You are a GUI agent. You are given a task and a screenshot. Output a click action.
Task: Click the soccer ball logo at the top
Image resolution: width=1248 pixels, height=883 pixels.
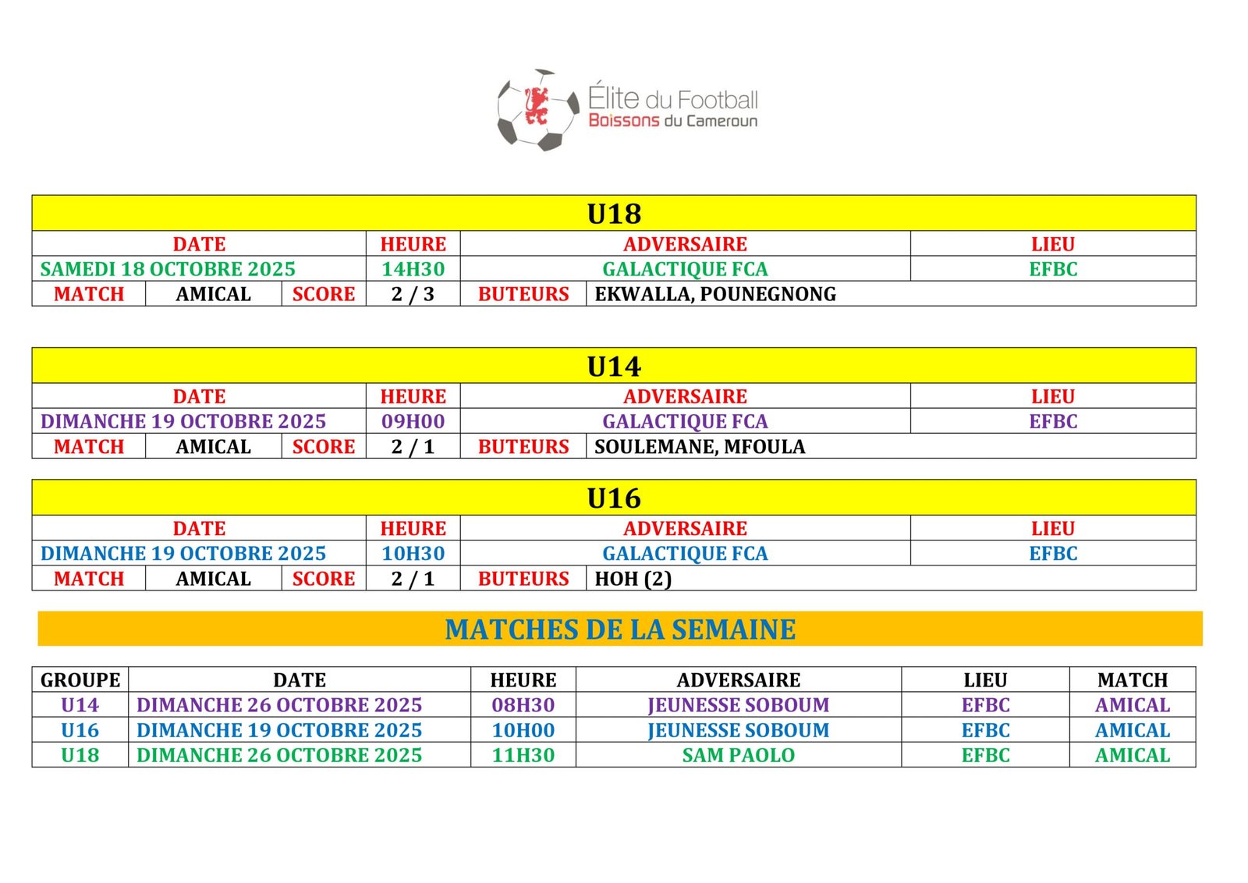tap(530, 110)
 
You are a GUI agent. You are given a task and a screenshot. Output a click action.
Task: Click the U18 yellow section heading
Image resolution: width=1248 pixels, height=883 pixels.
tap(614, 214)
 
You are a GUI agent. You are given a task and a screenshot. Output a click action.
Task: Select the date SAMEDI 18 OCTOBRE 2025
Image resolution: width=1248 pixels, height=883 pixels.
tap(168, 269)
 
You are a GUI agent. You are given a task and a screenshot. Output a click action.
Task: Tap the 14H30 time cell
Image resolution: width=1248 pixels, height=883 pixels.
tap(413, 269)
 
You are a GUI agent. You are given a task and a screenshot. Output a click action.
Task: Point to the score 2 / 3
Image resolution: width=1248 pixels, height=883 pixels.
tap(413, 294)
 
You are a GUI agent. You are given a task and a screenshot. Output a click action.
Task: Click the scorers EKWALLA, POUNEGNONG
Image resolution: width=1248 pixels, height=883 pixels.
tap(714, 294)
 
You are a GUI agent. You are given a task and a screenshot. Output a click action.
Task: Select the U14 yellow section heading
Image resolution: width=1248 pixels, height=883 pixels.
tap(614, 366)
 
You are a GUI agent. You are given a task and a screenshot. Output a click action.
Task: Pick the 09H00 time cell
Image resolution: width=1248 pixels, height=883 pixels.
tap(413, 421)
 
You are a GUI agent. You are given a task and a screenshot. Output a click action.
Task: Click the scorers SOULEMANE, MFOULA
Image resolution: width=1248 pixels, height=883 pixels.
tap(700, 447)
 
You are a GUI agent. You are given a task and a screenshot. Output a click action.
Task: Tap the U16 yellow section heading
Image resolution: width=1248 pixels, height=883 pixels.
tap(614, 498)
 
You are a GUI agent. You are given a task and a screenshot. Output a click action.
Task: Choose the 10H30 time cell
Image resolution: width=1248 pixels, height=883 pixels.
tap(413, 553)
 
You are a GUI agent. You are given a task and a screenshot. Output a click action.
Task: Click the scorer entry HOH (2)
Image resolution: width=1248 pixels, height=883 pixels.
tap(633, 579)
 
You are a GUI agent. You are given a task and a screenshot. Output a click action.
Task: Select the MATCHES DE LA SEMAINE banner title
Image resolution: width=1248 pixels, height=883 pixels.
tap(620, 629)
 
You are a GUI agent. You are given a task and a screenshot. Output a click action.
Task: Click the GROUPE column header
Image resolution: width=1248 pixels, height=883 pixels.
tap(80, 680)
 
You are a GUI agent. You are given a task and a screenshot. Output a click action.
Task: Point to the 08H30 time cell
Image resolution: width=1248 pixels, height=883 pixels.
tap(523, 705)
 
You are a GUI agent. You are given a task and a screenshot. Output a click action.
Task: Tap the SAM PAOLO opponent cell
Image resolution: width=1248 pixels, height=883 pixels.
tap(738, 755)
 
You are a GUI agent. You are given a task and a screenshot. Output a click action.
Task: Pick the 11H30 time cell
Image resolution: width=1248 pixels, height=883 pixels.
tap(523, 755)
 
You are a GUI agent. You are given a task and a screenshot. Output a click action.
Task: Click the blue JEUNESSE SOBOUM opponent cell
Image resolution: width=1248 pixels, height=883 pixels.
tap(738, 730)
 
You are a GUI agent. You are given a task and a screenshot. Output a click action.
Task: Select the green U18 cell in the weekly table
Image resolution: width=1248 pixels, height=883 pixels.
tap(80, 755)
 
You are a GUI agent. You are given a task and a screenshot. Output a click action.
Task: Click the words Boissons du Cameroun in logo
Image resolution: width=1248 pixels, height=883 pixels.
tap(672, 121)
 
